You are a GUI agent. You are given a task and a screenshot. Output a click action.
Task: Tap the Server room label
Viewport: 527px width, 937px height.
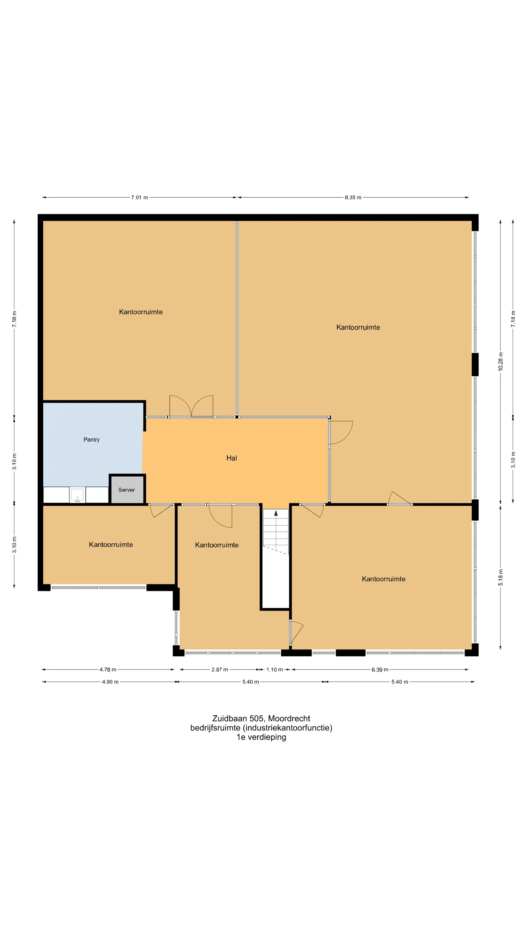(127, 490)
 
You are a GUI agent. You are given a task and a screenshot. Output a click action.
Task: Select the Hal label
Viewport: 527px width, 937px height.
(232, 458)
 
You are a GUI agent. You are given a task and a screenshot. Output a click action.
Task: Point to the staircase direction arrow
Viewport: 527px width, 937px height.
(276, 513)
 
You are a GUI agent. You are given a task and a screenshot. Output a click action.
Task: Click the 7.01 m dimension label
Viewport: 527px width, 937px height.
(139, 197)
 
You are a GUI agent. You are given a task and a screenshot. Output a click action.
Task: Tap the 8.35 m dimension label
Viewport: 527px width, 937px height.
(353, 197)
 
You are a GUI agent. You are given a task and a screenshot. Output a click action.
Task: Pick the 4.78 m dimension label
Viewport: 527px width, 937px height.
(108, 670)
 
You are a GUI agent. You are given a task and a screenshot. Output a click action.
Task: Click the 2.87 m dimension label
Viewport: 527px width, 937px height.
(220, 670)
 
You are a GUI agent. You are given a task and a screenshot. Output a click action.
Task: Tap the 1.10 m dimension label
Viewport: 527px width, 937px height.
(274, 670)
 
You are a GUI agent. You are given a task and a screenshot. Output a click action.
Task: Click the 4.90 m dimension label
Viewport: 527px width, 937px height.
(110, 682)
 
